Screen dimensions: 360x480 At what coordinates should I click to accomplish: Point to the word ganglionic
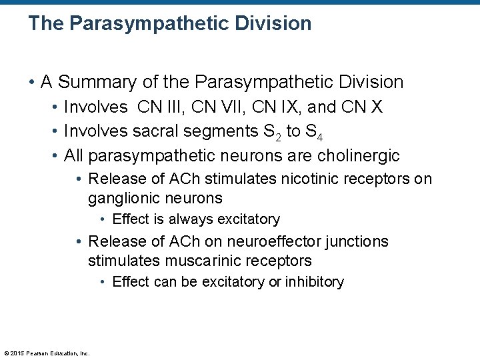coord(120,199)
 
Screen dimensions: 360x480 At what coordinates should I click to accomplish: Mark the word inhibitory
coord(315,282)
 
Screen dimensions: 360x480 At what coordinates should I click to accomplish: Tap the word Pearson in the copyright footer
coord(35,353)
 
